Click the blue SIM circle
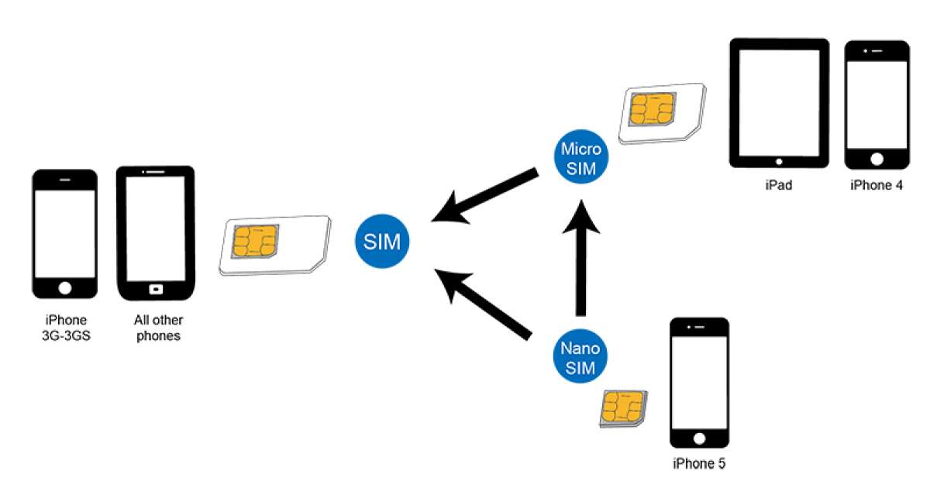383,242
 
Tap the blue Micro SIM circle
581,158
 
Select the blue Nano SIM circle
580,357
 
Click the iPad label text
778,186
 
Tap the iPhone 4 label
877,186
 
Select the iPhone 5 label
700,464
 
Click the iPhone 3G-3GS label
65,328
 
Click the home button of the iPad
779,161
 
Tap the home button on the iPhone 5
700,438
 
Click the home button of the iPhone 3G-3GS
65,288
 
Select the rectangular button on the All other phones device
156,290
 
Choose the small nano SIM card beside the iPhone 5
624,409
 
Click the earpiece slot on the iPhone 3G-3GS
65,180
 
